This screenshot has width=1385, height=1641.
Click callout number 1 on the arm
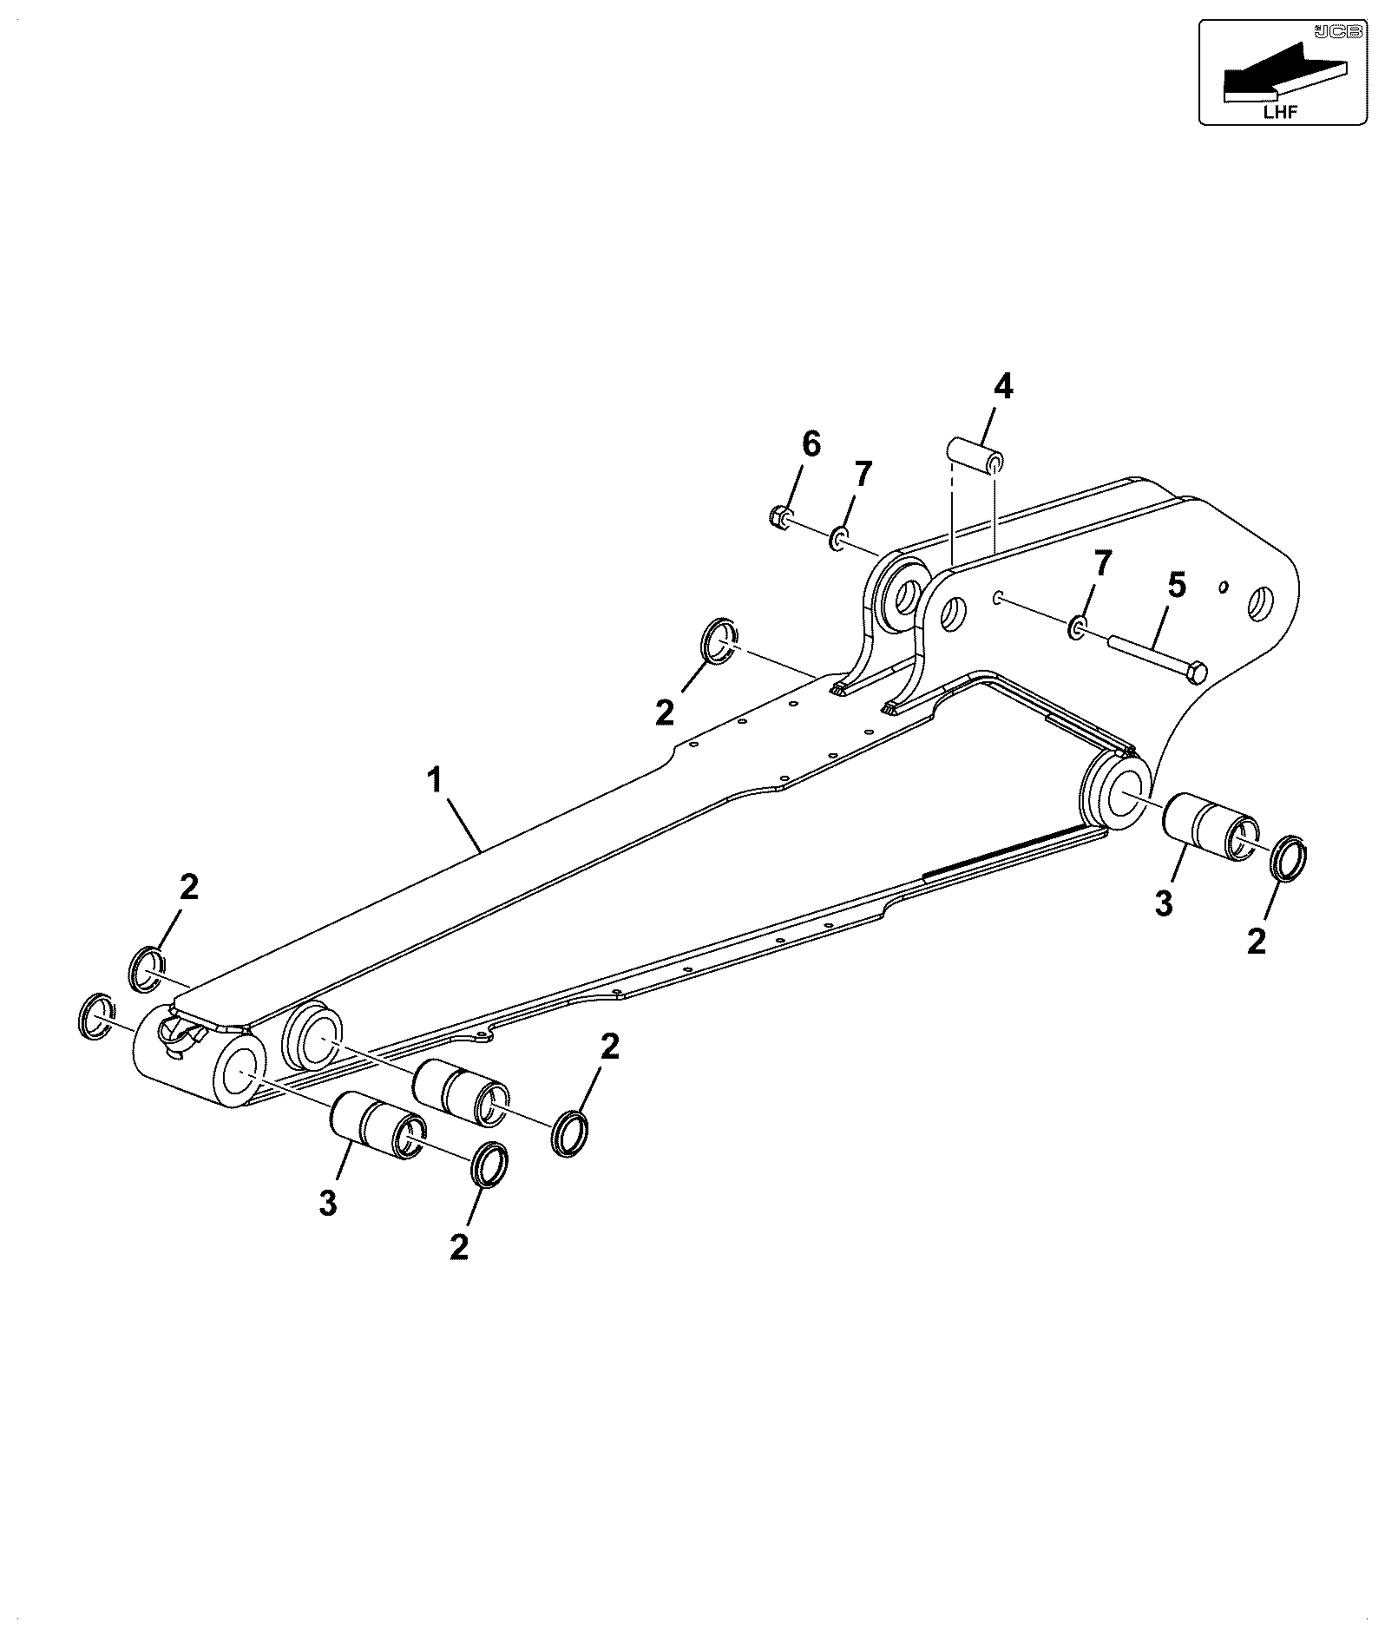(x=436, y=781)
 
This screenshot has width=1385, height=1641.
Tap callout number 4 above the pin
(x=1002, y=386)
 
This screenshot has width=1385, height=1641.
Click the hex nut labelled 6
(x=780, y=517)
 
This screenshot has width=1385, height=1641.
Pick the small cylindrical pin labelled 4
(x=974, y=456)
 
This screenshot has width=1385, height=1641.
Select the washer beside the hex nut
(x=839, y=538)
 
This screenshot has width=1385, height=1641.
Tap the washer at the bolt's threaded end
(x=1077, y=627)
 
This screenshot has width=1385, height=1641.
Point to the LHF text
(x=1280, y=110)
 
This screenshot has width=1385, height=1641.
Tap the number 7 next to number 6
(x=861, y=476)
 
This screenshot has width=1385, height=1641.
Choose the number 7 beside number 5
(x=1101, y=565)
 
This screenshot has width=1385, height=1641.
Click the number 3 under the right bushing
(x=1164, y=903)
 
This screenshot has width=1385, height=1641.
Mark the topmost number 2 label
(x=665, y=713)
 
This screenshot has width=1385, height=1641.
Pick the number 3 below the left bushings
(x=327, y=1204)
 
